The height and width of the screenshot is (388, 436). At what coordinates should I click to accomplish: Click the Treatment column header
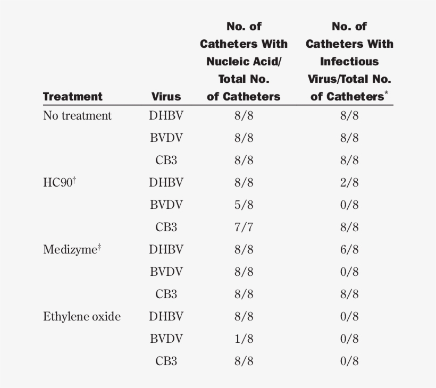click(x=72, y=97)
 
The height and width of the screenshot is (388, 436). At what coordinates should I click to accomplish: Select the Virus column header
click(x=166, y=97)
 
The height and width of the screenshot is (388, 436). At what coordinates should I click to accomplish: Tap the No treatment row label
click(x=77, y=116)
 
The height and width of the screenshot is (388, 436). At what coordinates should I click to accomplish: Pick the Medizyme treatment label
click(x=71, y=250)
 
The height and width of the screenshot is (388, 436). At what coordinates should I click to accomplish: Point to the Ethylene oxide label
click(x=81, y=317)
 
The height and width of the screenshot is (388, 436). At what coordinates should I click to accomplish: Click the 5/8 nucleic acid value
click(x=244, y=205)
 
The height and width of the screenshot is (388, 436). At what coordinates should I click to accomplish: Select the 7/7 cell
click(x=244, y=227)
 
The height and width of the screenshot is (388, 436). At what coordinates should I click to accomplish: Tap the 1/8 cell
click(x=244, y=339)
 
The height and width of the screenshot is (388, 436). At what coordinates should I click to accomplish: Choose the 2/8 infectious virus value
click(x=349, y=183)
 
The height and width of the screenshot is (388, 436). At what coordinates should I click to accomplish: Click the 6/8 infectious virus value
click(x=349, y=250)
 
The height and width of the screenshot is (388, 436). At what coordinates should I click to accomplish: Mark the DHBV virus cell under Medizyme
click(x=166, y=250)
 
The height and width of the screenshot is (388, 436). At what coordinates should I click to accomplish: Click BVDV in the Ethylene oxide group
click(x=166, y=339)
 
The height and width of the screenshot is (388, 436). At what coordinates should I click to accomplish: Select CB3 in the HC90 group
click(x=166, y=227)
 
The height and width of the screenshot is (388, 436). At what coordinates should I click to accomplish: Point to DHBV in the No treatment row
click(x=166, y=116)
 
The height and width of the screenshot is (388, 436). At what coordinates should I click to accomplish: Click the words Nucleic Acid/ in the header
click(x=244, y=62)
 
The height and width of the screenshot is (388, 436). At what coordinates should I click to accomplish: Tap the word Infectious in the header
click(x=349, y=62)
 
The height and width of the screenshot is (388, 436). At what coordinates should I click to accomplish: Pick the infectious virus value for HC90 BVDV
click(x=349, y=205)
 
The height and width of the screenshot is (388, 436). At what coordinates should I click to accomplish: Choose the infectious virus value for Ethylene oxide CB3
click(x=349, y=361)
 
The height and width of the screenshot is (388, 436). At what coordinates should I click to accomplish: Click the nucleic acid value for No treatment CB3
click(x=244, y=161)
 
